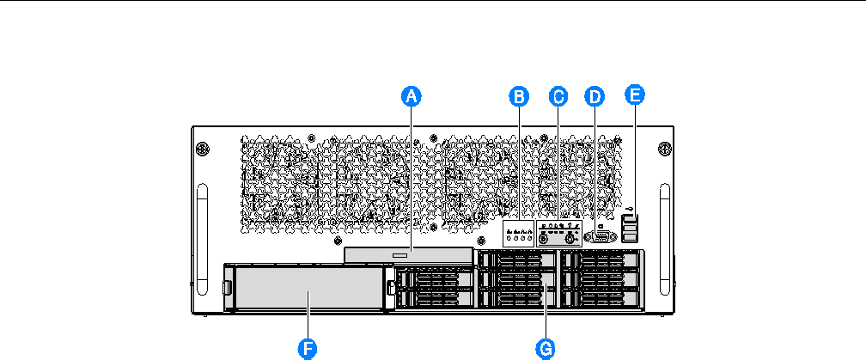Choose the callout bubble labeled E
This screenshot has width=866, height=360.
pos(635,95)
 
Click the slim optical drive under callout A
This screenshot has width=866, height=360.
pos(408,256)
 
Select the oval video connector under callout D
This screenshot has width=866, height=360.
pos(598,238)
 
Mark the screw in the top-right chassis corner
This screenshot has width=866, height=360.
pos(663,148)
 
